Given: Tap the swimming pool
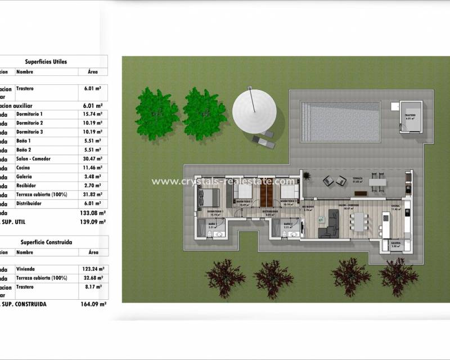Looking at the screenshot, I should click(340, 121).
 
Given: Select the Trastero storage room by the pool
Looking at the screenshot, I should click(411, 116).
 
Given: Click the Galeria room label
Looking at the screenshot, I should click(395, 245).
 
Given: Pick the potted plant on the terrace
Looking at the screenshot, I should click(306, 176).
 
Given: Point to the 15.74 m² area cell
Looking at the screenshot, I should click(89, 114).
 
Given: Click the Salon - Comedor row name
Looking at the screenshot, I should click(33, 159).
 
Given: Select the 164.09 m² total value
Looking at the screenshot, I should click(93, 304).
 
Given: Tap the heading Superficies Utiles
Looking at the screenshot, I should click(46, 61).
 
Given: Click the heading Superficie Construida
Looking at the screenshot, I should click(46, 242).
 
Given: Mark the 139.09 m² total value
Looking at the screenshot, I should click(93, 222).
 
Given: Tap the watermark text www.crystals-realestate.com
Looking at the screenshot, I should click(223, 181).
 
